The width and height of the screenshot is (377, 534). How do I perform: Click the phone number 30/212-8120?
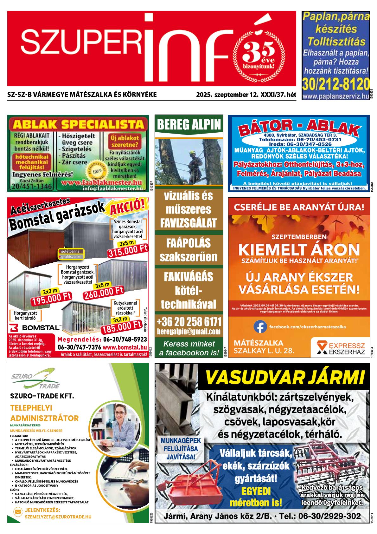[335, 84]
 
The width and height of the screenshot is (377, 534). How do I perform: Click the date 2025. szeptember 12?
[227, 95]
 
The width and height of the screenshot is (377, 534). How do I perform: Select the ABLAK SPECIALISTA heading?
[78, 124]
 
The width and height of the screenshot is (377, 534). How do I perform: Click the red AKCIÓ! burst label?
[129, 208]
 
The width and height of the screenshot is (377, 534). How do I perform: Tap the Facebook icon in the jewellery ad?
[260, 326]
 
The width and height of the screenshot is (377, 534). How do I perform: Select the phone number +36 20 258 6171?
[189, 322]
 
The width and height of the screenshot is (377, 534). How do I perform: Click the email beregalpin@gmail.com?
[189, 332]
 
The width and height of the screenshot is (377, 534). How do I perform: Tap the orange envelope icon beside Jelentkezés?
[18, 511]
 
